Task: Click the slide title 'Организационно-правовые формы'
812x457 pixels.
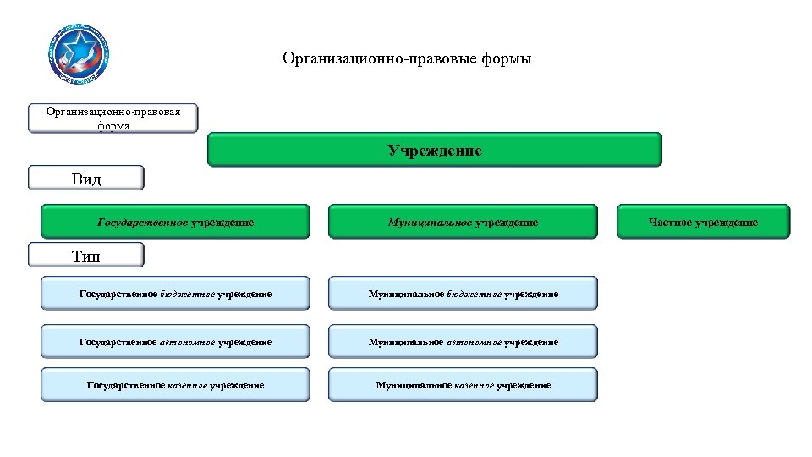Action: (407, 59)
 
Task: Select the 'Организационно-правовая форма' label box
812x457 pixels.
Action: (112, 118)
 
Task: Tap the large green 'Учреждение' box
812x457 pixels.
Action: (435, 150)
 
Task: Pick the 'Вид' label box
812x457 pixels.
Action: (86, 179)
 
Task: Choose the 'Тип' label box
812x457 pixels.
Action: (86, 255)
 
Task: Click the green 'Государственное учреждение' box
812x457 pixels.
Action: (175, 222)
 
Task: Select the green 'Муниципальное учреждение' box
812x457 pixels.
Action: (462, 222)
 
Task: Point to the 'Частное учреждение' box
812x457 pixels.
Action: (703, 222)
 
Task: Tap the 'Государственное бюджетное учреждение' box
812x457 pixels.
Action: (175, 294)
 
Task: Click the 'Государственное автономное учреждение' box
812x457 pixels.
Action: (175, 342)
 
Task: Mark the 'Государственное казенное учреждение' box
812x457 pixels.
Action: (175, 385)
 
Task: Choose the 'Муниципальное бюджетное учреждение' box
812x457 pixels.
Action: (462, 294)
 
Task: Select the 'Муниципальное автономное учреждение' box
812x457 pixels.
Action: (462, 342)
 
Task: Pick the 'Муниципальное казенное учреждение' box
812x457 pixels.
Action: (462, 385)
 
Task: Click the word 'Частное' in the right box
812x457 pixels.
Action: (671, 222)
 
